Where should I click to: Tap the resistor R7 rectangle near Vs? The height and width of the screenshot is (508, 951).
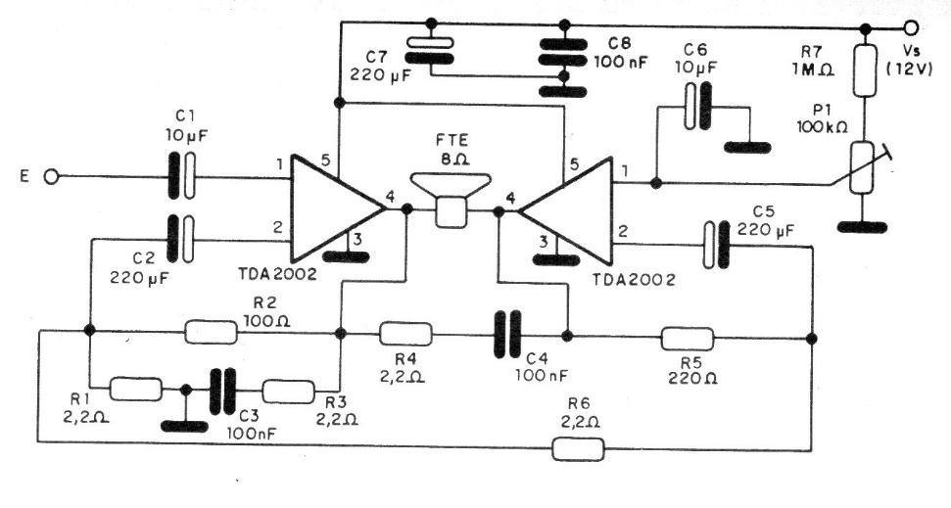(x=865, y=70)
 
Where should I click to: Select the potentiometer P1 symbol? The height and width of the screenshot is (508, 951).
(x=865, y=166)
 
